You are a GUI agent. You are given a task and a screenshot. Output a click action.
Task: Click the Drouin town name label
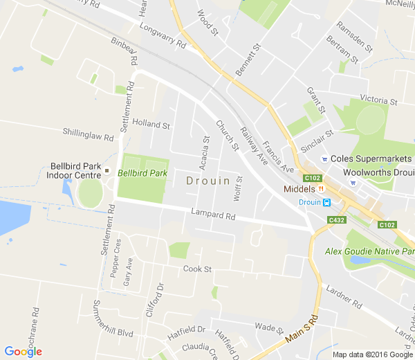(208, 180)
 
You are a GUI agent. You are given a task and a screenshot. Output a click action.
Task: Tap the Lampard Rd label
(215, 216)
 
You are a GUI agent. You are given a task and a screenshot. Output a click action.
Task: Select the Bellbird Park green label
(142, 173)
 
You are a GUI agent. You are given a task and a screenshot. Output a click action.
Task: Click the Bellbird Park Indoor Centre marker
(107, 170)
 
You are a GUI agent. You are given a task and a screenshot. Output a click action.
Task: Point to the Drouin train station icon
(326, 202)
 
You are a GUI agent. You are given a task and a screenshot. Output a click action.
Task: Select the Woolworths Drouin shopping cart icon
(353, 183)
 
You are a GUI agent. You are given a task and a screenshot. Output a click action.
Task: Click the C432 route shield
(337, 220)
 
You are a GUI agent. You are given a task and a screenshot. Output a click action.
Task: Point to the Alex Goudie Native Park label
(369, 251)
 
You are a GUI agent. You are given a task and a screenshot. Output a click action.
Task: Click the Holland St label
(151, 125)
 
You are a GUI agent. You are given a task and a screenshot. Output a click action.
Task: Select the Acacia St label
(205, 152)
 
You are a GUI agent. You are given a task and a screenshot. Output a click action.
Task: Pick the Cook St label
(197, 269)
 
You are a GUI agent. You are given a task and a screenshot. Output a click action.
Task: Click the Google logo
(23, 351)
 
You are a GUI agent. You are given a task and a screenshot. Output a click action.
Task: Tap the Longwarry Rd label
(163, 37)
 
